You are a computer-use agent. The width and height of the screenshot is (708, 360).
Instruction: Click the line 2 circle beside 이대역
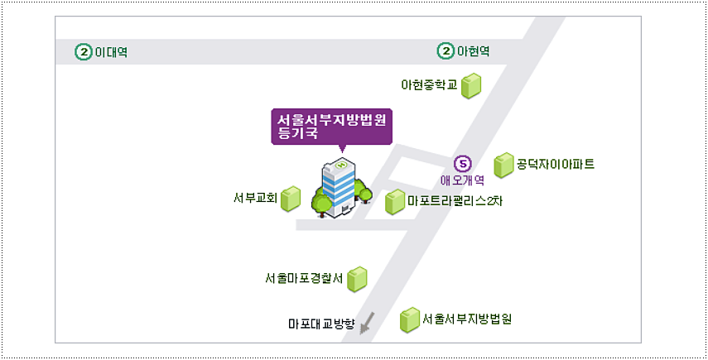point(84,52)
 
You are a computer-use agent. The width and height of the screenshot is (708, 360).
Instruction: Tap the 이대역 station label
point(112,52)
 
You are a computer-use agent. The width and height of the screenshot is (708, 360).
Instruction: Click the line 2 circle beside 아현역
point(446,52)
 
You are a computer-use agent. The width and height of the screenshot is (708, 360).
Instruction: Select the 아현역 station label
point(474,52)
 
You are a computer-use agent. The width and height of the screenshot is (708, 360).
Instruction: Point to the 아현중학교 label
point(429,84)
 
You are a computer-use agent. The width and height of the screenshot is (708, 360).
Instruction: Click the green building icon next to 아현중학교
point(471,85)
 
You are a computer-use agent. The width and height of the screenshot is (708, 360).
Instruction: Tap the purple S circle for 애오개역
point(463,163)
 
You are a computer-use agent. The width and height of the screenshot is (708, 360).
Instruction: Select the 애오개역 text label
point(463,179)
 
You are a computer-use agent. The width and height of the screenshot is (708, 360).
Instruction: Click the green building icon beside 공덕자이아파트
point(503,166)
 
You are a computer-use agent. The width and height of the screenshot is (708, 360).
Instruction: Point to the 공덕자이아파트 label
point(556,164)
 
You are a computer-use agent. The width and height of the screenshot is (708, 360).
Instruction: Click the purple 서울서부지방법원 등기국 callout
point(331,126)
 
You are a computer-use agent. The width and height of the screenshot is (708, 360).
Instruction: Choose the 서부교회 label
point(255,199)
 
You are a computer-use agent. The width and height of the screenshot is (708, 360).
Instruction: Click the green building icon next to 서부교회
point(290,199)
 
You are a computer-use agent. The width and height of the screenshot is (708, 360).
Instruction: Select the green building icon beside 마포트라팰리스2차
point(395,202)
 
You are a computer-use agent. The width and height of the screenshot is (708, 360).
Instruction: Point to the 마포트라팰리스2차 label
point(455,200)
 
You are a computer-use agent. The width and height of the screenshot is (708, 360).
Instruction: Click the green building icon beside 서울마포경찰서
point(357,279)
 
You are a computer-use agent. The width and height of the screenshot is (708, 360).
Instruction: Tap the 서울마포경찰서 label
point(304,278)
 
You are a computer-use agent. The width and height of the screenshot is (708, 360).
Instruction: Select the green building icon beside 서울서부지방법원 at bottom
point(409,320)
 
